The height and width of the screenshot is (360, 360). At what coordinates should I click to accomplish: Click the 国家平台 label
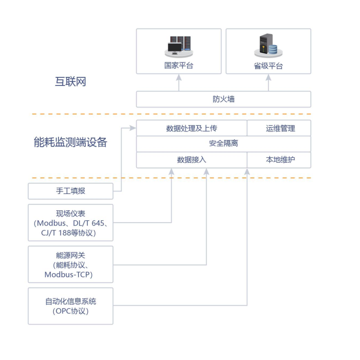coord(179,66)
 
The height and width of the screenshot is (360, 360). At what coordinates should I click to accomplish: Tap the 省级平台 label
coord(268,66)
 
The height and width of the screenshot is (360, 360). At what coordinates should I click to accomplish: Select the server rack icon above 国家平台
coord(178,46)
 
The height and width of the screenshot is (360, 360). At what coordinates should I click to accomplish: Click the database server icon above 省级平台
coord(268,46)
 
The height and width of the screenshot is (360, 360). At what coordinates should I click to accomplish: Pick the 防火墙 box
coord(224,99)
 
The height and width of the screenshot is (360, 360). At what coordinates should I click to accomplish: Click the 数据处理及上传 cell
coord(192,128)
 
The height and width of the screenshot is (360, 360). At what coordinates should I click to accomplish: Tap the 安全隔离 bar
coord(224,144)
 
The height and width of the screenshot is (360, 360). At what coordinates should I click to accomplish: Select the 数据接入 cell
coord(192,160)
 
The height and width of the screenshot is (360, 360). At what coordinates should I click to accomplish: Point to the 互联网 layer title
coord(71,81)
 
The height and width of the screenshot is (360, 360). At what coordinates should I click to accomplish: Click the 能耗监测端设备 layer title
coord(71,143)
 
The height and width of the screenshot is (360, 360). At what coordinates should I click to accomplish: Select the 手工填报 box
coord(71,191)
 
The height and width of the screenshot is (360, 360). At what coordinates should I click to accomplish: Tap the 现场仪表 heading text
coord(71,214)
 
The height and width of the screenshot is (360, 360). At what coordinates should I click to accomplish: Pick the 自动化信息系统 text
coord(71,301)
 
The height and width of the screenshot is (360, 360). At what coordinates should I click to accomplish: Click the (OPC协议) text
coord(71,311)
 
